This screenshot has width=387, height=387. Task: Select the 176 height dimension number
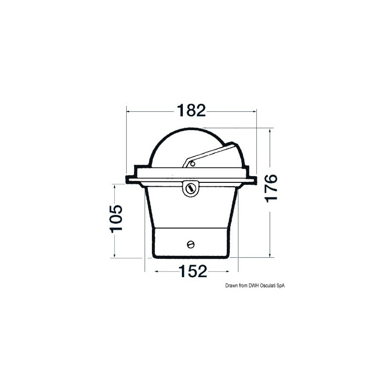pyautogui.click(x=271, y=189)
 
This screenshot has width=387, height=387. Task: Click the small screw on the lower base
pyautogui.click(x=190, y=244)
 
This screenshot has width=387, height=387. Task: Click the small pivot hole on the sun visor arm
pyautogui.click(x=192, y=164)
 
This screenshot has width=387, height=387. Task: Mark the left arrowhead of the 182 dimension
pyautogui.click(x=129, y=111)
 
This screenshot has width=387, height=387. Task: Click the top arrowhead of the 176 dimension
pyautogui.click(x=270, y=131)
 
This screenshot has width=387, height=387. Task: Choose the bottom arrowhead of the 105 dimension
pyautogui.click(x=115, y=254)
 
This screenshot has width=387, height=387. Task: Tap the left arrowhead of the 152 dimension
pyautogui.click(x=156, y=272)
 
